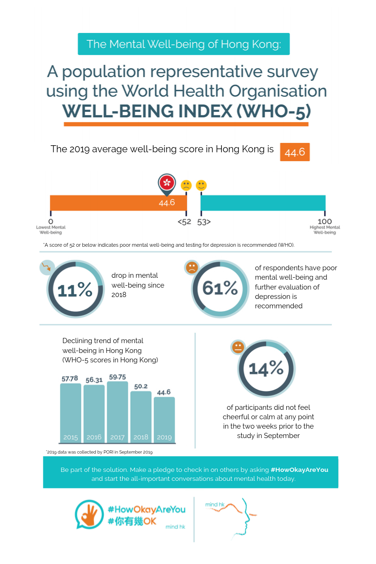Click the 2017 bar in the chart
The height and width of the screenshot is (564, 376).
[117, 412]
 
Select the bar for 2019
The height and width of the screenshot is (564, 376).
[164, 420]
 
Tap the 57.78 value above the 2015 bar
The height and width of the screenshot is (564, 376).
[70, 378]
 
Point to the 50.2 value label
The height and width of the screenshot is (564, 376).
[141, 386]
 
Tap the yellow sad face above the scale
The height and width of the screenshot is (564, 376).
[186, 185]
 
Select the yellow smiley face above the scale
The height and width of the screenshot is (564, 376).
[201, 185]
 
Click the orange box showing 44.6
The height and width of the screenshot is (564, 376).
[295, 152]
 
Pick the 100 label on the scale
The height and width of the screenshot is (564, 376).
[325, 221]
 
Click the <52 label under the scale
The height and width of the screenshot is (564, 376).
[184, 222]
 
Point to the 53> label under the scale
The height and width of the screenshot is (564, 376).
[204, 222]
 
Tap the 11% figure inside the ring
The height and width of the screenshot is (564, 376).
[75, 290]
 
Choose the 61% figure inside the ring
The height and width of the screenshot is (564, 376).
[220, 288]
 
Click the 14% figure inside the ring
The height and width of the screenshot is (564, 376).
[266, 368]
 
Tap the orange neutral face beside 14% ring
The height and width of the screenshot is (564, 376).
[238, 347]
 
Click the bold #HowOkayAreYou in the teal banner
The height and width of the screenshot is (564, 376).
[299, 470]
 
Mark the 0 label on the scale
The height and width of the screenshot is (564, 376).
[51, 221]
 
